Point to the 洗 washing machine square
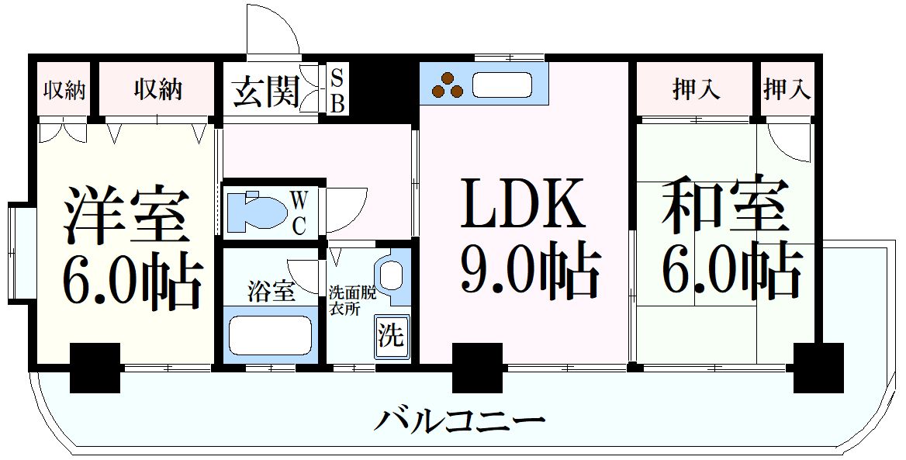[391, 336]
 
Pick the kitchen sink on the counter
[502, 85]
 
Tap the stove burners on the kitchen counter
[448, 85]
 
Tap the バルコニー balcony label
[460, 421]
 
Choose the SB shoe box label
[337, 91]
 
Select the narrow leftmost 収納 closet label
[64, 90]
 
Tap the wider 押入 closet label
[695, 89]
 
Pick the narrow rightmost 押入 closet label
[787, 89]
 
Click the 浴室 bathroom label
[271, 293]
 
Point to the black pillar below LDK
[473, 368]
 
